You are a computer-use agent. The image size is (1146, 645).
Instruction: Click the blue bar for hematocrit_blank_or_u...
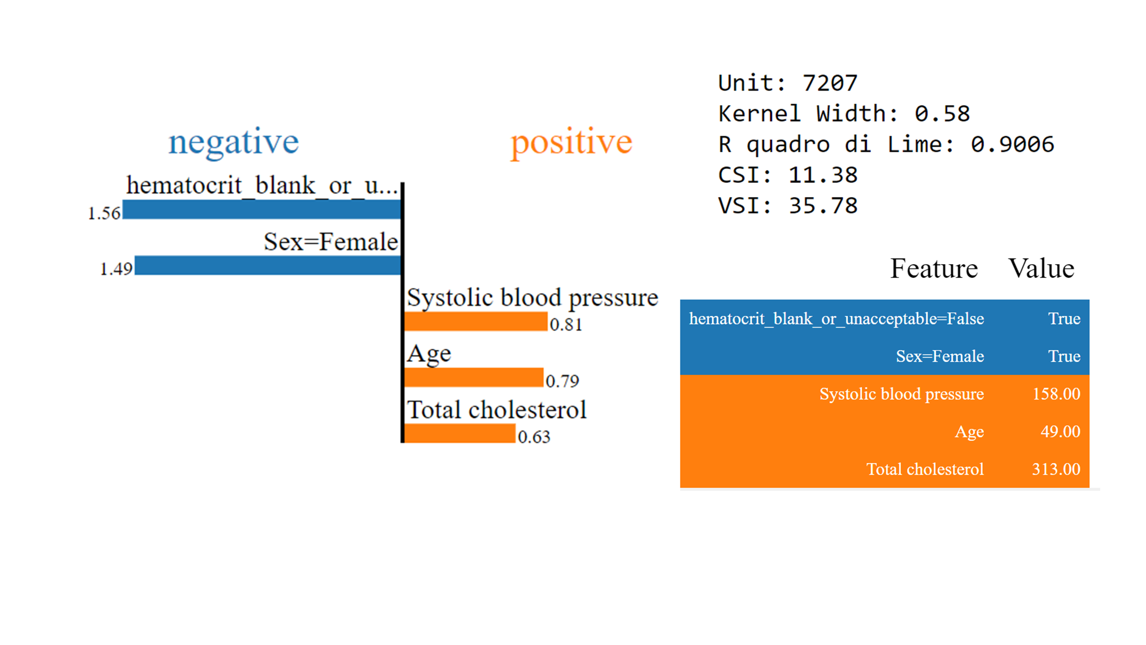point(262,209)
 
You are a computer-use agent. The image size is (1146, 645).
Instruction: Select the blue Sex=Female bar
point(268,265)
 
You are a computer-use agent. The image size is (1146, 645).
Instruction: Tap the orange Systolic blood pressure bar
point(476,321)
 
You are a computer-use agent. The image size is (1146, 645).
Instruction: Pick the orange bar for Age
point(474,378)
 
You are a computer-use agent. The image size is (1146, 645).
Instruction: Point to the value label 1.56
point(104,213)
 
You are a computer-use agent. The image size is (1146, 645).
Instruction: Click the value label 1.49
point(116,269)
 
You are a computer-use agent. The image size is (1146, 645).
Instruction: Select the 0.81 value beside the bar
point(566,325)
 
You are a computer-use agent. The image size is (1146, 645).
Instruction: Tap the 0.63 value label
point(534,437)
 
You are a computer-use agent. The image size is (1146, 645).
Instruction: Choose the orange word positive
point(571,142)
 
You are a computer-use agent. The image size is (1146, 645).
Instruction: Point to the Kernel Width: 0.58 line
point(844,114)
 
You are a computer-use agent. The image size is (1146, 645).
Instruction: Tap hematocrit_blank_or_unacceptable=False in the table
point(836,319)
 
